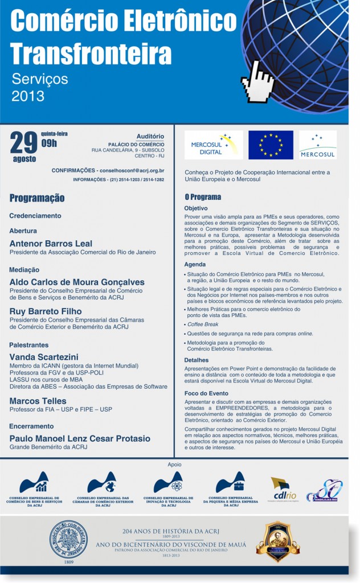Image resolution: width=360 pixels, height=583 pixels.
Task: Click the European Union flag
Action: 271,145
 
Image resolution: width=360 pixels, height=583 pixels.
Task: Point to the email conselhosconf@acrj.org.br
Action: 131,170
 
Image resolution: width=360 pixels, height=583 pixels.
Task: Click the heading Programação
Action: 37,198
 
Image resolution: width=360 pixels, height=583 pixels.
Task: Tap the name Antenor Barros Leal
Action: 51,244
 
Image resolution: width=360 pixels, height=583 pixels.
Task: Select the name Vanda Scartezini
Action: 44,357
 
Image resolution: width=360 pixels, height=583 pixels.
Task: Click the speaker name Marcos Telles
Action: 38,401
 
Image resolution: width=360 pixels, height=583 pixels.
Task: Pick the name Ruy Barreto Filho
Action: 46,311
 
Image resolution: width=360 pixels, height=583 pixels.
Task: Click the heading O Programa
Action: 202,197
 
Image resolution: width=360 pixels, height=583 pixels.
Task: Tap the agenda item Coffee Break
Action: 203,325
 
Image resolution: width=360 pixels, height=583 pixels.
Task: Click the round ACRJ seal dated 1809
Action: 68,539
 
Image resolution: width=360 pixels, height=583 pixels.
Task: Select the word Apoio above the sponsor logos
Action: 174,465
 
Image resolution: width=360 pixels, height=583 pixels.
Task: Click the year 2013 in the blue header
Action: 28,96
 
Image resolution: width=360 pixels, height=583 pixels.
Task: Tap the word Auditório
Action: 150,137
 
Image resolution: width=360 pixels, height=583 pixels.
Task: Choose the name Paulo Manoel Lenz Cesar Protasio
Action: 80,438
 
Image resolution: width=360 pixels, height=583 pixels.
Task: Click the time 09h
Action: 49,143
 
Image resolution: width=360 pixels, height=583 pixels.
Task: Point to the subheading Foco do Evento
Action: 206,393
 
